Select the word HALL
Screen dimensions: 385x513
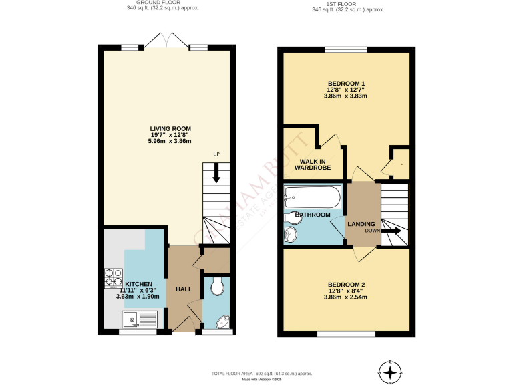click(x=184, y=289)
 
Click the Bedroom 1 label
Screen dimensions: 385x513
click(x=345, y=83)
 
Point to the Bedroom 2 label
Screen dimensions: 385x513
click(x=346, y=285)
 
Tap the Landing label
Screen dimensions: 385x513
click(x=361, y=224)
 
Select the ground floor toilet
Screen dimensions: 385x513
click(x=216, y=287)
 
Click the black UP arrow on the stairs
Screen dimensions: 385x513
click(x=216, y=175)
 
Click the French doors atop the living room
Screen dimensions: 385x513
click(x=166, y=41)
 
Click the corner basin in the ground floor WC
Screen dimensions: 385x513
click(x=223, y=322)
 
